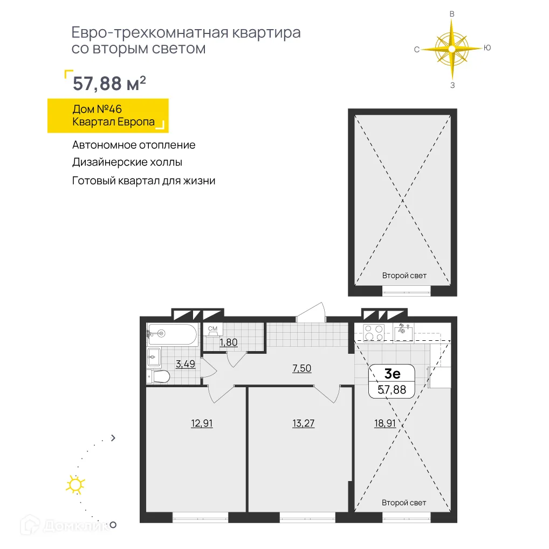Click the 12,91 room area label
[x=202, y=423]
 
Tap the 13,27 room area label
[x=303, y=423]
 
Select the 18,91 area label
[x=386, y=423]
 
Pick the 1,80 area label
[x=228, y=341]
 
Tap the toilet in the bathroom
[x=160, y=376]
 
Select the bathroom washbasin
[x=154, y=355]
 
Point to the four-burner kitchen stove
[x=374, y=333]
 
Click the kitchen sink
[x=402, y=332]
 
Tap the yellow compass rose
[x=452, y=49]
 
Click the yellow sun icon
[x=74, y=484]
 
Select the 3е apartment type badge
[x=392, y=373]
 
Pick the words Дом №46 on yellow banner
[x=97, y=109]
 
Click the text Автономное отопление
[x=134, y=145]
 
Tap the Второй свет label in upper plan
[x=404, y=276]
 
